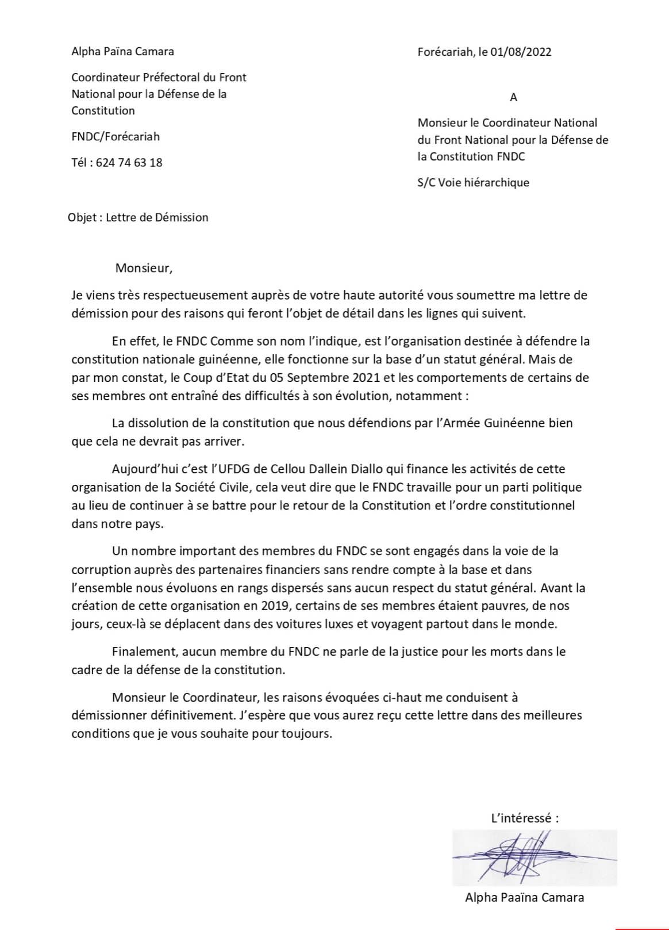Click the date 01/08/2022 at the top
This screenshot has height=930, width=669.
pyautogui.click(x=522, y=52)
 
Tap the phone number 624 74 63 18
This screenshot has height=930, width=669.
pyautogui.click(x=129, y=163)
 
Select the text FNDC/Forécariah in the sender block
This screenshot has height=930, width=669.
pyautogui.click(x=116, y=137)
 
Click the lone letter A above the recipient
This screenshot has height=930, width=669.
pyautogui.click(x=513, y=98)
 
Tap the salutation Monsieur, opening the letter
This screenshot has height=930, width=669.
pyautogui.click(x=144, y=268)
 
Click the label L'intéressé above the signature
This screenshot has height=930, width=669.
pyautogui.click(x=524, y=818)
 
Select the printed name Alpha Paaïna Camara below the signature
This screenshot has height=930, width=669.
pyautogui.click(x=524, y=897)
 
